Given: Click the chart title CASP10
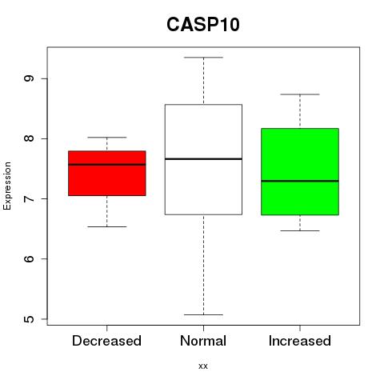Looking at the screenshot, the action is tap(203, 25).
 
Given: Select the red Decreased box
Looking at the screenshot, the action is tap(107, 174).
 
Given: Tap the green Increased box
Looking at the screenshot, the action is tap(300, 172).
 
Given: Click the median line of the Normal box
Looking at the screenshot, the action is tap(203, 159).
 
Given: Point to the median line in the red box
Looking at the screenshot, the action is tap(107, 165).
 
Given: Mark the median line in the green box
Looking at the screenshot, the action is tap(300, 181).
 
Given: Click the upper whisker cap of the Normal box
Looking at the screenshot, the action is tap(203, 58).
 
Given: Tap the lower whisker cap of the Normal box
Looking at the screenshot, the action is tap(203, 314).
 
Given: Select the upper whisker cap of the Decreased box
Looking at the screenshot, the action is tap(107, 138).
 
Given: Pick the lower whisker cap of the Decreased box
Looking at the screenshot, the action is tap(107, 227).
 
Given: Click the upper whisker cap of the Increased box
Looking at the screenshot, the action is tap(300, 94).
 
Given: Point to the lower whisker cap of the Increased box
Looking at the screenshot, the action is tap(300, 230).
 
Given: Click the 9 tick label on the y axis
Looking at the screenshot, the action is tap(29, 78).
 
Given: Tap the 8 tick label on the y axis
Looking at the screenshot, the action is tap(29, 138).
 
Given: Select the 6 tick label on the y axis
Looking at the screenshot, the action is tap(29, 258).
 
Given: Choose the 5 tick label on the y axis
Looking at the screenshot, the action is tap(29, 319).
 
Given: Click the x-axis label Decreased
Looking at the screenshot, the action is tap(106, 341).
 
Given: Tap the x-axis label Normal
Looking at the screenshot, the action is tap(203, 341).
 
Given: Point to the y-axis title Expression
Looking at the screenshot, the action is tap(7, 186).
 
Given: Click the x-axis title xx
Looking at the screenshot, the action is tap(203, 366).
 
